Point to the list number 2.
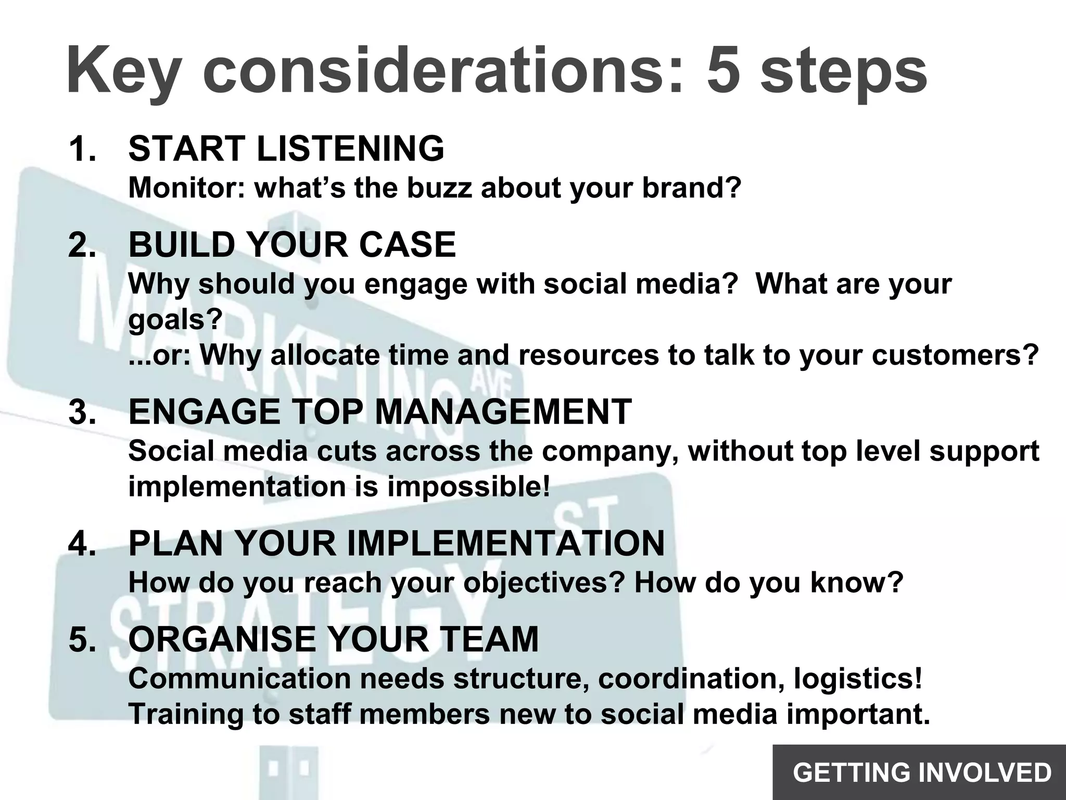pyautogui.click(x=82, y=245)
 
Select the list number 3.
pyautogui.click(x=82, y=411)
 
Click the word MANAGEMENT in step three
pyautogui.click(x=503, y=411)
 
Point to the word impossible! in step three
pyautogui.click(x=468, y=486)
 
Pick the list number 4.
pyautogui.click(x=82, y=543)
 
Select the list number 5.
pyautogui.click(x=82, y=639)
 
